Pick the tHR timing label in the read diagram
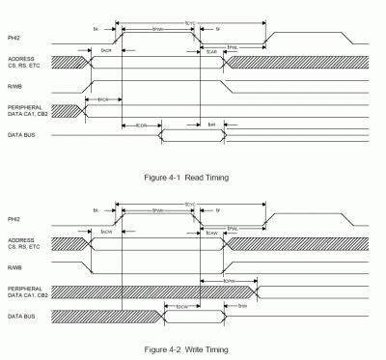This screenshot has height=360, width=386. point(213,125)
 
